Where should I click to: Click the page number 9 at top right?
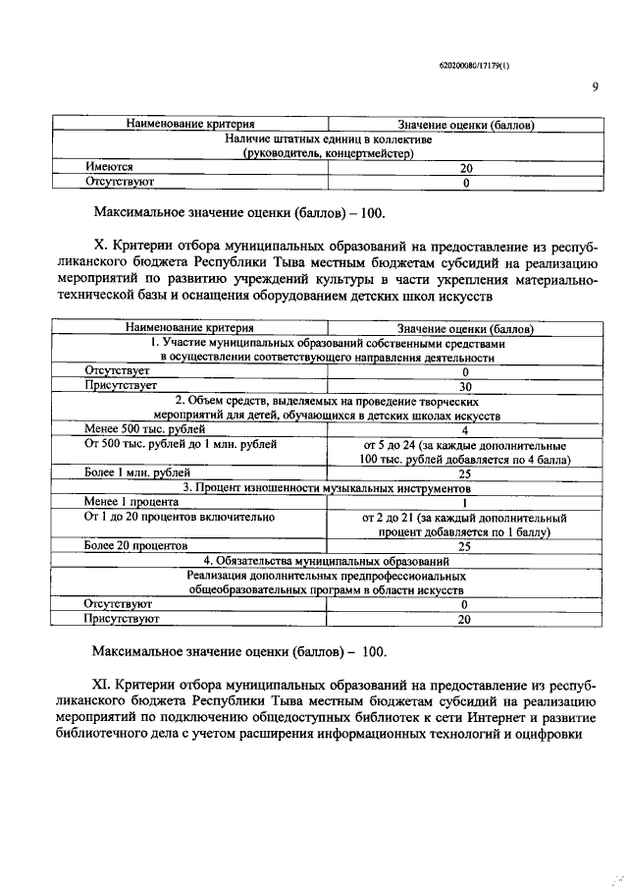(x=595, y=86)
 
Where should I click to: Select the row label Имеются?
(x=109, y=168)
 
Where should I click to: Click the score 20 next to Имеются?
(x=466, y=168)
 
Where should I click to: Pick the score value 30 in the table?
(x=466, y=386)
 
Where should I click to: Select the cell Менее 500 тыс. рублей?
(x=144, y=429)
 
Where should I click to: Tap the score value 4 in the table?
(x=465, y=429)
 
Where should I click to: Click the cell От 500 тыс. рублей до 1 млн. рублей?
(x=181, y=444)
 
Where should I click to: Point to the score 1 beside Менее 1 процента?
(x=465, y=501)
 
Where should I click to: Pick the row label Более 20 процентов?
(x=135, y=545)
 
